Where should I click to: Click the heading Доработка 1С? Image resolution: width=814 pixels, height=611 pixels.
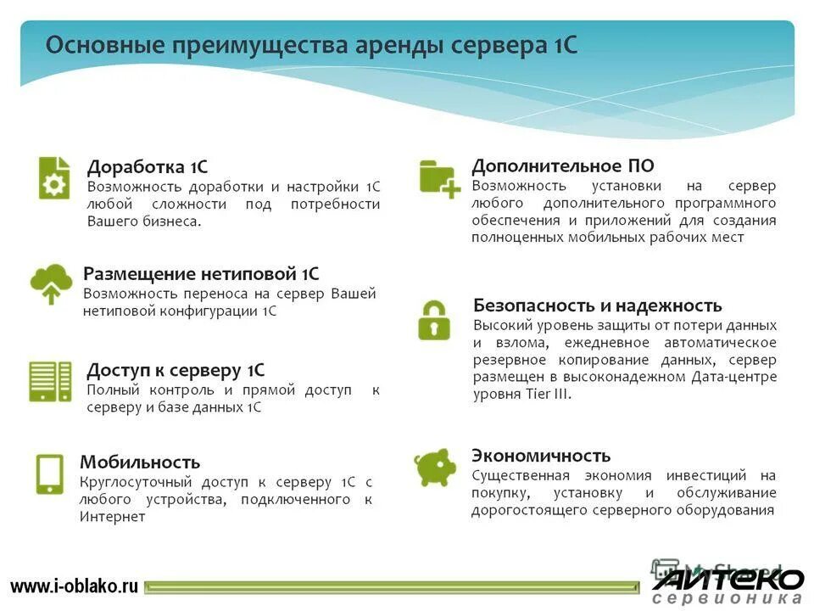pos(148,166)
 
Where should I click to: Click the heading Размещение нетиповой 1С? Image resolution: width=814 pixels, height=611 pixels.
pos(201,273)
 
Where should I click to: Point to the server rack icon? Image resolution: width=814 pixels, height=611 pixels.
pos(51,380)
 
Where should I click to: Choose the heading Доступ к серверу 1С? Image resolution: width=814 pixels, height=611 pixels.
pos(176,370)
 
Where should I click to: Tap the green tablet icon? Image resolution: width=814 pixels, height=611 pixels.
pos(49,474)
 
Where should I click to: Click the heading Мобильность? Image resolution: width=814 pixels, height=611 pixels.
pos(140,462)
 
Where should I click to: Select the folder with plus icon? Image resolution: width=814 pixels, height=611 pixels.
pos(439,178)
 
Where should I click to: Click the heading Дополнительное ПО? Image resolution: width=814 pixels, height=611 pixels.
pos(563,165)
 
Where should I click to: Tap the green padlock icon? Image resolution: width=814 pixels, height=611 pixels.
pos(434,319)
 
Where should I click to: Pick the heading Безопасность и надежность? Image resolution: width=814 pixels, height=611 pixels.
pos(598,305)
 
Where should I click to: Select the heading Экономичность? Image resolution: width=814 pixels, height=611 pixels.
pos(541,455)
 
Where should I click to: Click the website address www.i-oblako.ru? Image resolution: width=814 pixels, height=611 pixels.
pos(75,586)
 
